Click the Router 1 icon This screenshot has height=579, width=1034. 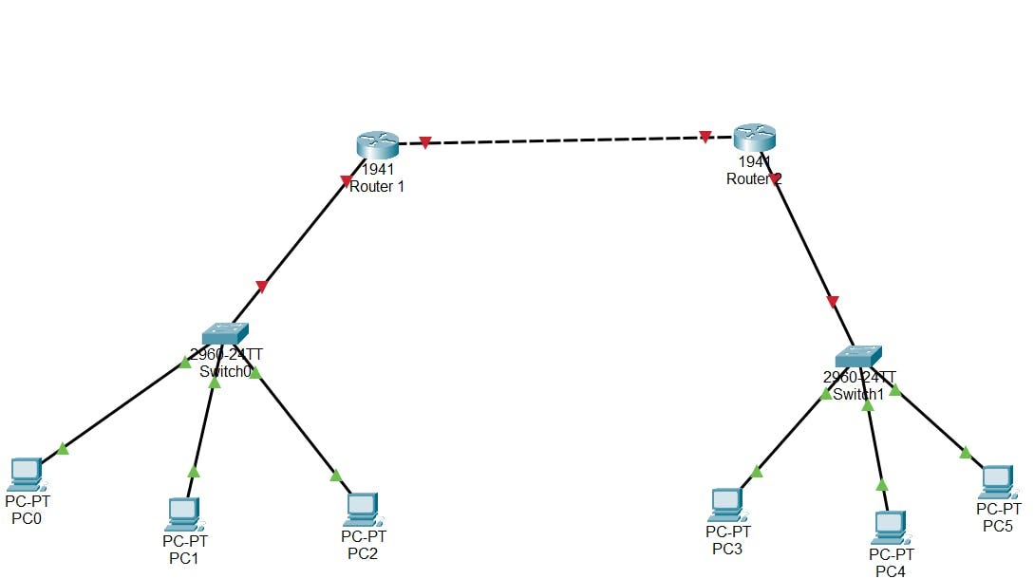pyautogui.click(x=378, y=144)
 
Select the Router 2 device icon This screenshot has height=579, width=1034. pyautogui.click(x=755, y=138)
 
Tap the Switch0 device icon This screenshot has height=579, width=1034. pyautogui.click(x=225, y=333)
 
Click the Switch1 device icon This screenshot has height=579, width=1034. pyautogui.click(x=859, y=356)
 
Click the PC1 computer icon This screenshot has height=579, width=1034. pyautogui.click(x=182, y=514)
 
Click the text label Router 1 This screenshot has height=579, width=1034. pyautogui.click(x=377, y=187)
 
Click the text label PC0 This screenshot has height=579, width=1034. pyautogui.click(x=27, y=518)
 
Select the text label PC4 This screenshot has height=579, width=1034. pyautogui.click(x=891, y=570)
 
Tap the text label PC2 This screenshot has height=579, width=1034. pyautogui.click(x=363, y=553)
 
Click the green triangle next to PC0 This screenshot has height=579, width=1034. pyautogui.click(x=63, y=448)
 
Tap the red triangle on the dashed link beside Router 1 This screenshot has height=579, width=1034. pyautogui.click(x=425, y=143)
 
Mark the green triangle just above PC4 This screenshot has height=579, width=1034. pyautogui.click(x=882, y=485)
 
